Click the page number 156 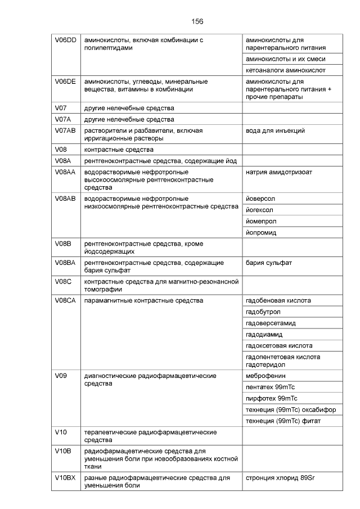coord(197,21)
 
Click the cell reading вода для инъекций coord(276,130)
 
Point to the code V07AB coord(65,130)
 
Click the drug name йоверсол coord(261,199)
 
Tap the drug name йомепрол coord(262,221)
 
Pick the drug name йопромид coord(262,232)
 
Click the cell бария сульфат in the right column coord(269,263)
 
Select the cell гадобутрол coord(263,312)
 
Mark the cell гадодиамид coord(264,334)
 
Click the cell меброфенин coord(266,376)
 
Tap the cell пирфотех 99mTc coord(272,398)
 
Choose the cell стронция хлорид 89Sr coord(280,478)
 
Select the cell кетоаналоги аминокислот coord(286,70)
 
